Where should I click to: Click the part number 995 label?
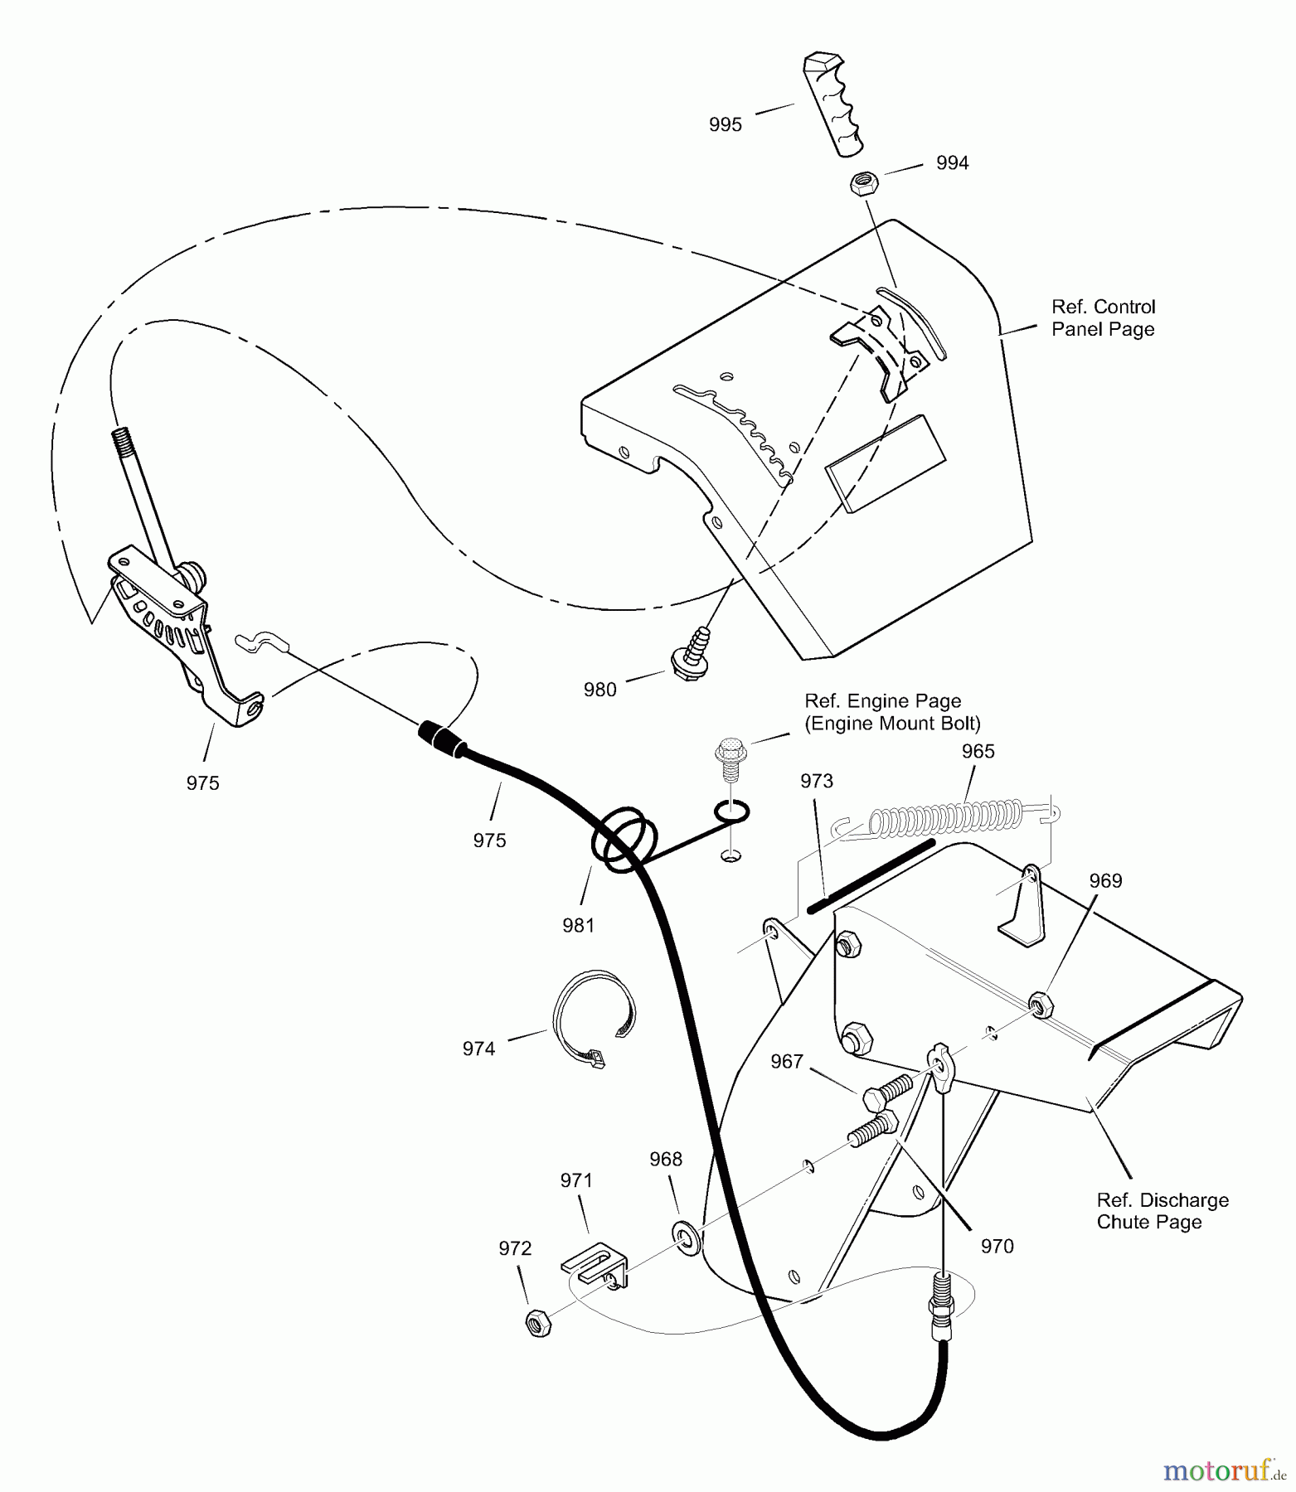coord(725,125)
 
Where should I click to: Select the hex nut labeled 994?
coord(862,182)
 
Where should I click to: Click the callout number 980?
coord(599,690)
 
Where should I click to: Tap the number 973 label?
coord(816,781)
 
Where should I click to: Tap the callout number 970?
coord(997,1246)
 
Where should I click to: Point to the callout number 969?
coord(1105,881)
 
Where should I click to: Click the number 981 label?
coord(578,926)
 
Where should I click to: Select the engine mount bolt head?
coord(728,749)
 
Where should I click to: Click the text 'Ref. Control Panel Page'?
coord(1102,318)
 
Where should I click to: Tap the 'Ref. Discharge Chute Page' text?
coord(1162,1211)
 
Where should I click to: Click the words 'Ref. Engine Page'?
coord(882,701)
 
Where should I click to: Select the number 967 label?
coord(786,1061)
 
